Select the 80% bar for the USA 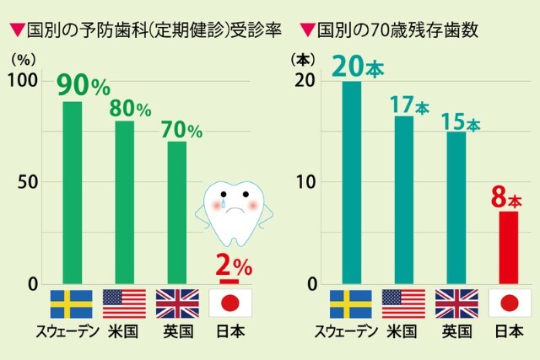pyautogui.click(x=124, y=202)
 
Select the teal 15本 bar pyautogui.click(x=456, y=208)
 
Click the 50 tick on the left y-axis pyautogui.click(x=28, y=182)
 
